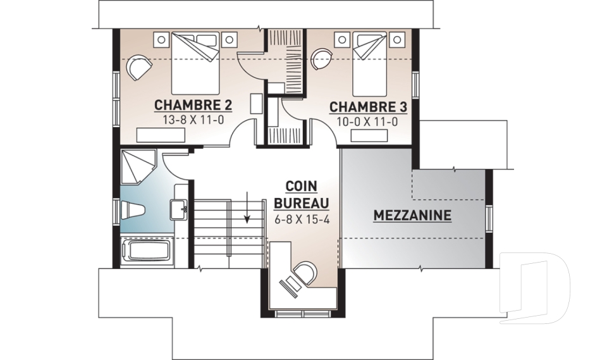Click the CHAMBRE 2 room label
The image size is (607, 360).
[193, 105]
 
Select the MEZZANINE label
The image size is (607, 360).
[412, 215]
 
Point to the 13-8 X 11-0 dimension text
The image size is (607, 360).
[193, 120]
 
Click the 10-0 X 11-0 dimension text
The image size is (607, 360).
[367, 122]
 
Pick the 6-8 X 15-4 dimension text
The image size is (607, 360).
[302, 220]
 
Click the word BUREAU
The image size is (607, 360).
[302, 203]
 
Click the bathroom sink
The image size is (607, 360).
[179, 209]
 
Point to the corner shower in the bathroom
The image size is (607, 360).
[138, 167]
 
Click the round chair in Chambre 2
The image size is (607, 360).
[139, 67]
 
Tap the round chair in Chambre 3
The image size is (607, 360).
[322, 58]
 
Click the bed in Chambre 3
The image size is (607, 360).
[371, 64]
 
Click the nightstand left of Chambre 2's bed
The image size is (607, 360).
[161, 39]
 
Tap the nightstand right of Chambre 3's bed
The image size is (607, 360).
[397, 39]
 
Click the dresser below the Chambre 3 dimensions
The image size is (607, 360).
[369, 135]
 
